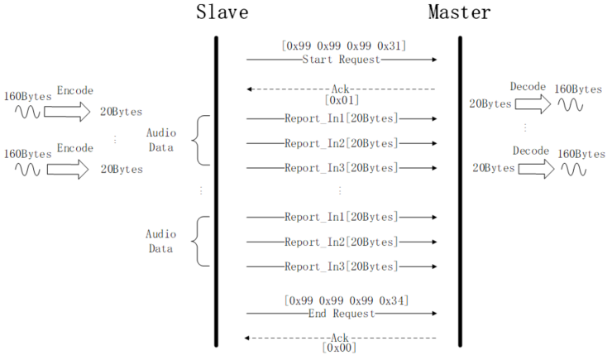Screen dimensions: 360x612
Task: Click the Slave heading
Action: (x=222, y=12)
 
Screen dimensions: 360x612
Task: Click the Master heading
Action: (x=459, y=12)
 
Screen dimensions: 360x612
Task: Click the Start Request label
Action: (x=342, y=60)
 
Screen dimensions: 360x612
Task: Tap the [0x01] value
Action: (x=342, y=99)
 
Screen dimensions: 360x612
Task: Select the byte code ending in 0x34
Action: (x=345, y=299)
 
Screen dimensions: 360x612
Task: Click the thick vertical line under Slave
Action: (x=216, y=190)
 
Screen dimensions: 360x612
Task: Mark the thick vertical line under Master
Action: (x=459, y=190)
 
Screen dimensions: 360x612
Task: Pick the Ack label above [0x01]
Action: (x=341, y=88)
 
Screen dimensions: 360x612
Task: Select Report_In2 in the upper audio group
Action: (x=341, y=143)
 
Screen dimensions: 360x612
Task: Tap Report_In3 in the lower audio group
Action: (x=341, y=266)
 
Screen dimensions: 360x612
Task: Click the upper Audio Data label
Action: (x=160, y=140)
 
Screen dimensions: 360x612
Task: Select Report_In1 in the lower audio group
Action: (x=341, y=217)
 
